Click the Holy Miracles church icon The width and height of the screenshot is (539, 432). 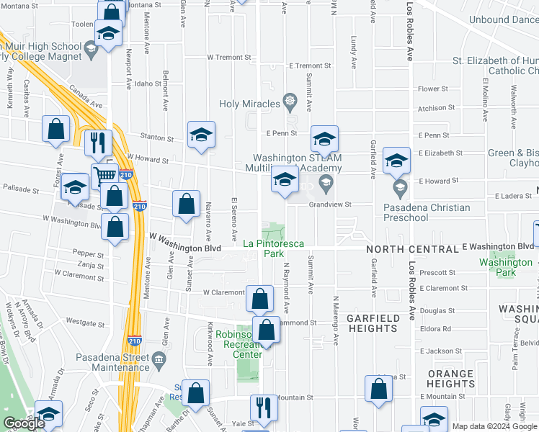pos(290,99)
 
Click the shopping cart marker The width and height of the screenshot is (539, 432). pos(105,175)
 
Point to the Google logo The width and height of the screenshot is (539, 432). pos(23,424)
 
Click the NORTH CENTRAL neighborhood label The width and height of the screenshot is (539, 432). pos(411,249)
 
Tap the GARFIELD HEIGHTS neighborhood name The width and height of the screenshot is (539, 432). pos(372,323)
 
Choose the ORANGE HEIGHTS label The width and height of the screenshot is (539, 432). pos(450,379)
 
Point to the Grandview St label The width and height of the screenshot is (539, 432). pos(329,204)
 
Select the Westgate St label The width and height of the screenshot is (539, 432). pos(81,321)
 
